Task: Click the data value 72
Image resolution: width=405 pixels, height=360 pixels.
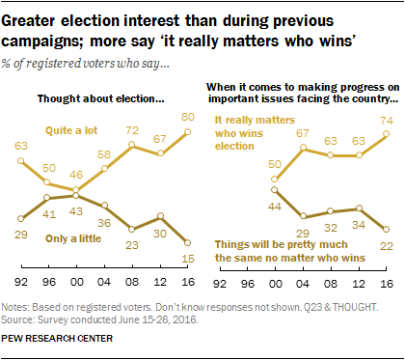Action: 133,128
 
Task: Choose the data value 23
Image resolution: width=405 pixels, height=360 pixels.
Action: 133,243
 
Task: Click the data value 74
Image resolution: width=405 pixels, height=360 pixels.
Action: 385,119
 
